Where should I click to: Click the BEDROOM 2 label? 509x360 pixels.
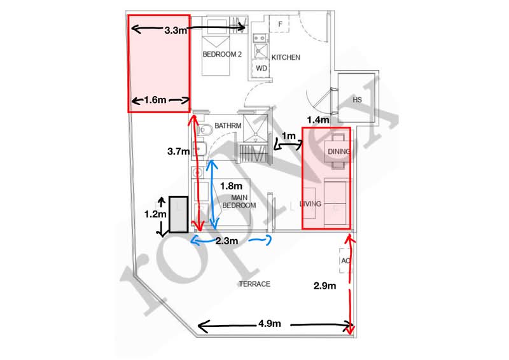click(222, 54)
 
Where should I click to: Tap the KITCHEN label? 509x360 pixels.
click(286, 57)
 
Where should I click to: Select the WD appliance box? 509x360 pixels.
click(261, 68)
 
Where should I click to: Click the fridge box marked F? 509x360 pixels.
click(280, 24)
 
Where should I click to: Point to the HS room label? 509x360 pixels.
click(357, 100)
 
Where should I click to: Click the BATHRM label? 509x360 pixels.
click(228, 126)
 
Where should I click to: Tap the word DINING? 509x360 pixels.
click(339, 151)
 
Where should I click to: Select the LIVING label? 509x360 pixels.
click(310, 204)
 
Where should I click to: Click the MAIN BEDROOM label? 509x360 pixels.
click(239, 202)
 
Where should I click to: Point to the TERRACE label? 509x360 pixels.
click(254, 284)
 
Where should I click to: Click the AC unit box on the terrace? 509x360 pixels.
click(345, 261)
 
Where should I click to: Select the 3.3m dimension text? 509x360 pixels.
click(176, 31)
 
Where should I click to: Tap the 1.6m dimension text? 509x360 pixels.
click(155, 100)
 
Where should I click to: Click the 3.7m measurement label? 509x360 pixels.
click(179, 151)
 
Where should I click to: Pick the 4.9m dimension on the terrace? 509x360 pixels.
click(270, 324)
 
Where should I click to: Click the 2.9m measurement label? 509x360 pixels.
click(324, 286)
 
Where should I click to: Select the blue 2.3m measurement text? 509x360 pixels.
click(227, 241)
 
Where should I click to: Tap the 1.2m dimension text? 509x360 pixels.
click(155, 214)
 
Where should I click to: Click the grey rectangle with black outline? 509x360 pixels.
click(179, 214)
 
